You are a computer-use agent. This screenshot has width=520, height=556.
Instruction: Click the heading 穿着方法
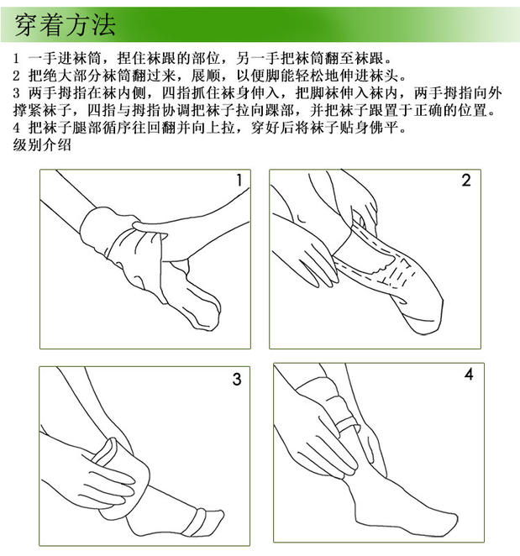(x=65, y=25)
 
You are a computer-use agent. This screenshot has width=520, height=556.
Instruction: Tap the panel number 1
(x=239, y=180)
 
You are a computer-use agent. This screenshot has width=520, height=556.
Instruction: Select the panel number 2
(x=466, y=180)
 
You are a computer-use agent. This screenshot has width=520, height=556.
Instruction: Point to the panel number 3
(x=237, y=379)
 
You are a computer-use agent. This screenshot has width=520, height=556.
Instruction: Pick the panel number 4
(x=469, y=375)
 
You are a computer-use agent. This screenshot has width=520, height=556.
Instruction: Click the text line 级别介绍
(x=42, y=144)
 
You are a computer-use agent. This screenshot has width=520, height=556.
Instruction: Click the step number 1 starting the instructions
(x=16, y=59)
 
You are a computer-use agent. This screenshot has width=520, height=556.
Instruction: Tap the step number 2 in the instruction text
(x=16, y=76)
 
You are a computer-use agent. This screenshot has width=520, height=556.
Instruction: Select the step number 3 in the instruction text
(x=16, y=93)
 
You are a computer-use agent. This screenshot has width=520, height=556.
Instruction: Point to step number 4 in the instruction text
(x=16, y=128)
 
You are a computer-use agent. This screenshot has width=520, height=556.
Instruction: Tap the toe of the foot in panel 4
(x=449, y=522)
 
